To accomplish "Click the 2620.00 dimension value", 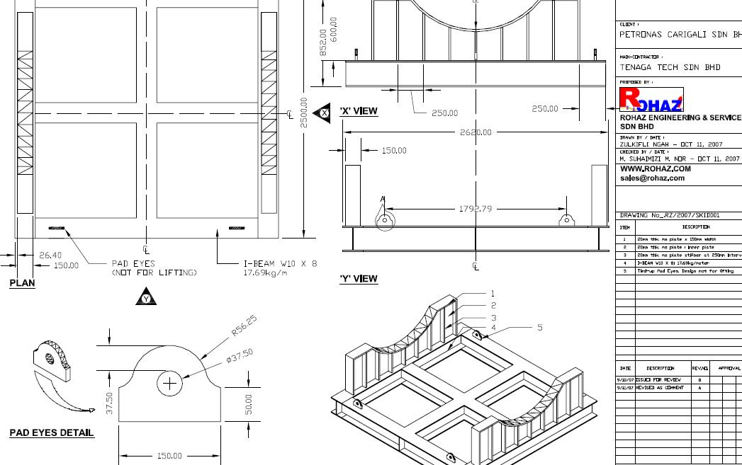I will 476,132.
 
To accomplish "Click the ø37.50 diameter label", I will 240,355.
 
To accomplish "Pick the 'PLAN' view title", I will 22,283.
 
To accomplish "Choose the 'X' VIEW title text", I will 359,111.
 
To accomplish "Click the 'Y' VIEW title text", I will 359,279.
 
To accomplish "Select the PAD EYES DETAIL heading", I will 52,432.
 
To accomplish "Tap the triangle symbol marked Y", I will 146,299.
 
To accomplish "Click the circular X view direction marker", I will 325,112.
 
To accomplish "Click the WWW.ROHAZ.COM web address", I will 656,169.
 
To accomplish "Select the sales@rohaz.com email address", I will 652,178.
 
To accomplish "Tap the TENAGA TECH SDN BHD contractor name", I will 670,68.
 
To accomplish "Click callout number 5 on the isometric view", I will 539,327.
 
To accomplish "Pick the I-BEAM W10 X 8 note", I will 276,263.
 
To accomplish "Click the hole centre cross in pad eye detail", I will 169,384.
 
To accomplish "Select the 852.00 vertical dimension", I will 322,42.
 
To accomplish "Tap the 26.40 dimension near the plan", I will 50,255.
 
